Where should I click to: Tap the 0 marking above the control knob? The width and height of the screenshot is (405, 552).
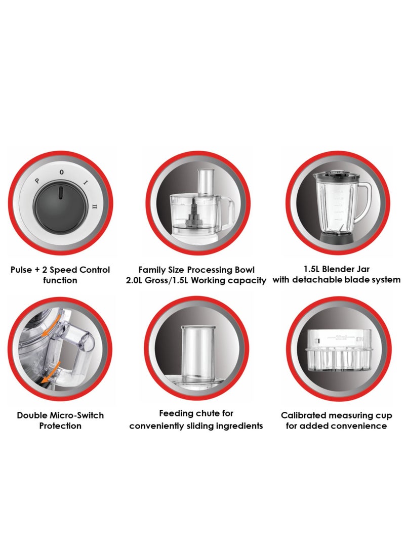62,172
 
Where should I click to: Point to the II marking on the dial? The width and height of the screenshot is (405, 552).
93,206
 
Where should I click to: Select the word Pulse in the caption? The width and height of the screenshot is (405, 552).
21,270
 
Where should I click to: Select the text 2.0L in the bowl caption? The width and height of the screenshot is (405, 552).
134,281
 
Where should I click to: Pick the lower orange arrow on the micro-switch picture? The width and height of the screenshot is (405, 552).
50,372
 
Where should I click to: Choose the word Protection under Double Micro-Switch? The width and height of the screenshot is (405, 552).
60,426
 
